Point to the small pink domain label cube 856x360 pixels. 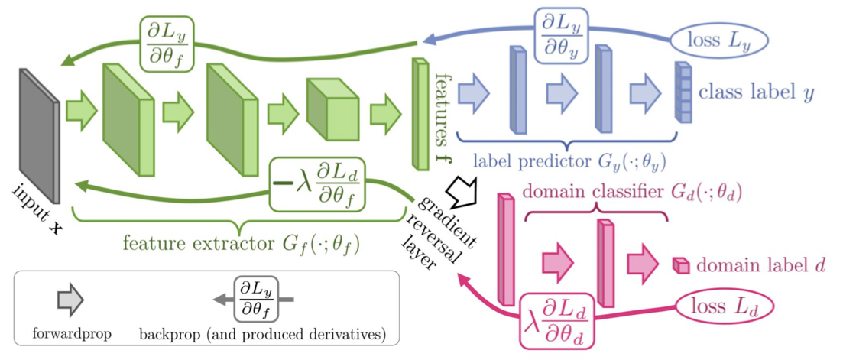[x=680, y=265]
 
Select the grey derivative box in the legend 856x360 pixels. [x=255, y=299]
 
